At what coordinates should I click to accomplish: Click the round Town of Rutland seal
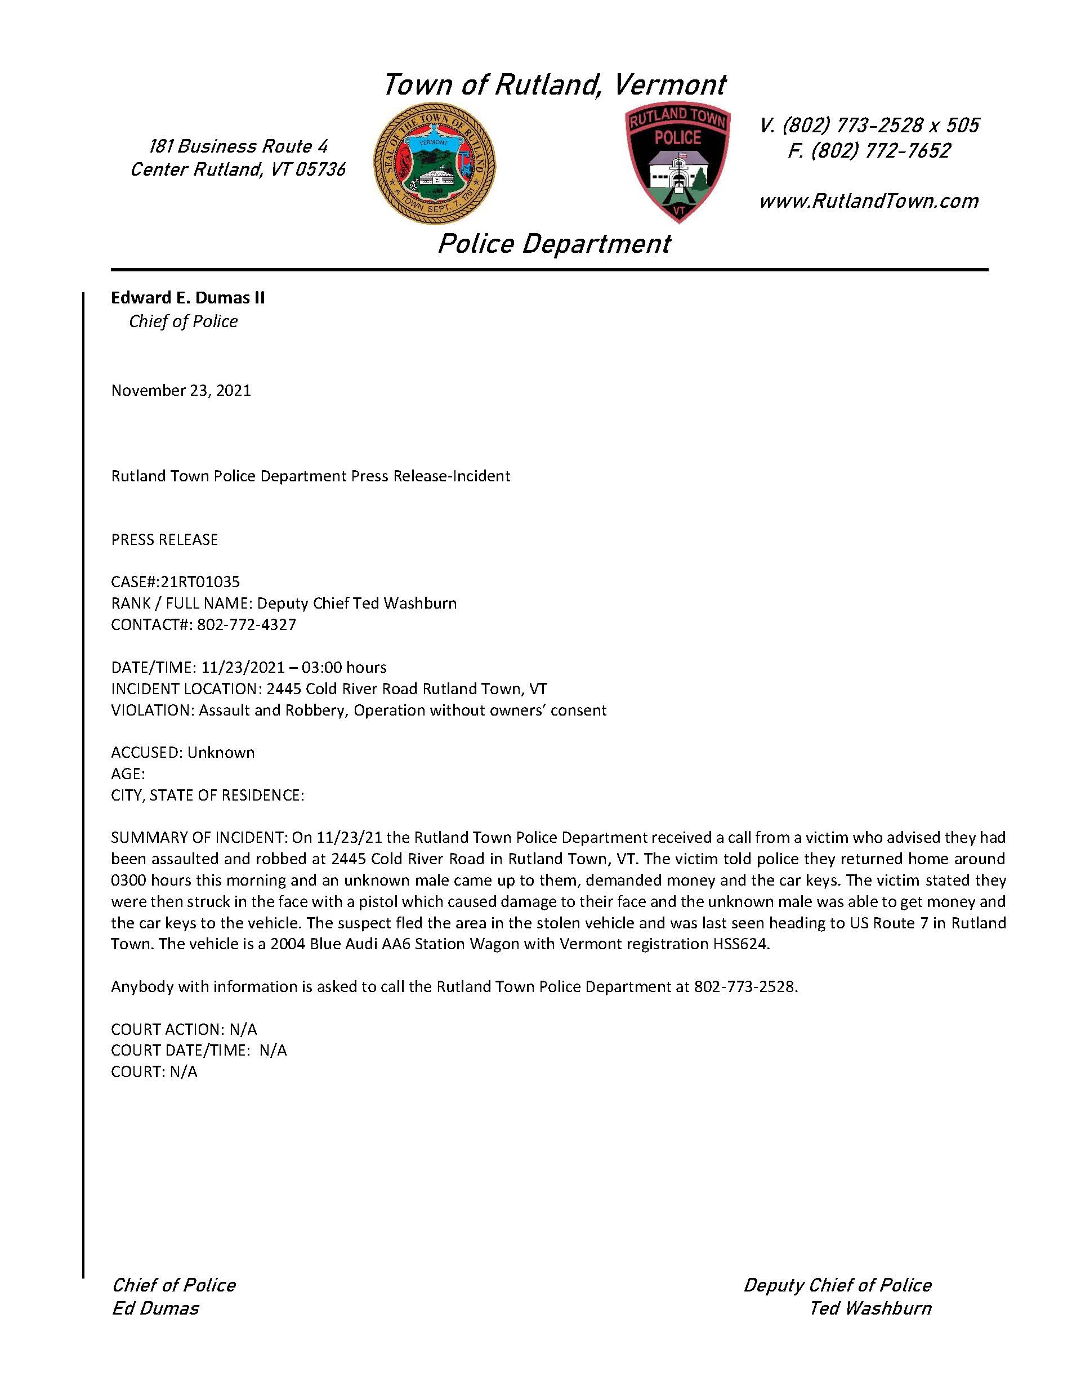[434, 164]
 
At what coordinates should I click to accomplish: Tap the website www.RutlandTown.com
[868, 201]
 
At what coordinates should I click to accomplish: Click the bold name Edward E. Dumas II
[188, 298]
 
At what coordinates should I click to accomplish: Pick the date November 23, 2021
[181, 390]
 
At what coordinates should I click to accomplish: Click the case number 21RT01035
[200, 581]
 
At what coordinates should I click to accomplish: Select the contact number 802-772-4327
[247, 625]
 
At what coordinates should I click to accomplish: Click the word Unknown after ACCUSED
[221, 753]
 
